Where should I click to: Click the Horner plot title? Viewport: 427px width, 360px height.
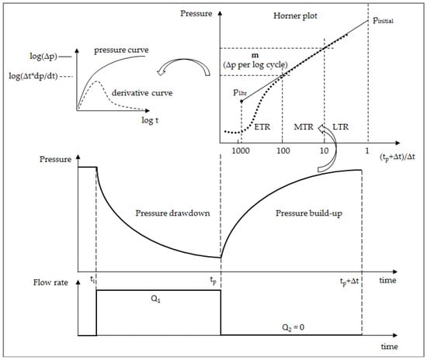click(295, 16)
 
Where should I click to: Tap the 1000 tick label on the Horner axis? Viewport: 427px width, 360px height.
click(241, 151)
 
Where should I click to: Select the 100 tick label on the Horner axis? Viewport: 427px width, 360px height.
click(283, 151)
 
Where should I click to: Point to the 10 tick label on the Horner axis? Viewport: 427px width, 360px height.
click(324, 151)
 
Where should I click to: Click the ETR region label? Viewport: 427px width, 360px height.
click(262, 127)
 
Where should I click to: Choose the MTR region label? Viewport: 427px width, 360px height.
click(304, 127)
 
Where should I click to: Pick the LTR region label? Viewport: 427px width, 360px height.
click(340, 127)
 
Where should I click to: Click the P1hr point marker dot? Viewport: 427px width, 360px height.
click(241, 101)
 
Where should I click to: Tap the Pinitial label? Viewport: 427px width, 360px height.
click(384, 20)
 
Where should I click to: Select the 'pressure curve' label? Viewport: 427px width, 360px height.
click(121, 50)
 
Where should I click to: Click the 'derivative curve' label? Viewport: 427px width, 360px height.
click(142, 93)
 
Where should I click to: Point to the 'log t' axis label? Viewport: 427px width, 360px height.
click(150, 120)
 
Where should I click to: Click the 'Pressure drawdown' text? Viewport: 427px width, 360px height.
click(172, 213)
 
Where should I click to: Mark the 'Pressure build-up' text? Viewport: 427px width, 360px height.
click(309, 213)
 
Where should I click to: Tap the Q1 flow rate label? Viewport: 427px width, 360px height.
click(155, 299)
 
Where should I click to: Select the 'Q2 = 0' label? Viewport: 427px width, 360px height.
click(293, 327)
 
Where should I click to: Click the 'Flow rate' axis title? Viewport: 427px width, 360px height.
click(50, 282)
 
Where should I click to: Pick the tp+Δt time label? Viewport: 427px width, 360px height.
click(349, 282)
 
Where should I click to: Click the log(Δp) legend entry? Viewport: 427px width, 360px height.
click(43, 57)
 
